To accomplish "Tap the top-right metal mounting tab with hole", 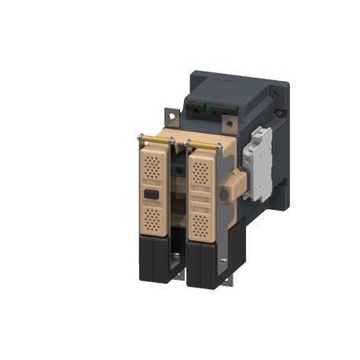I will pos(229,123).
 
